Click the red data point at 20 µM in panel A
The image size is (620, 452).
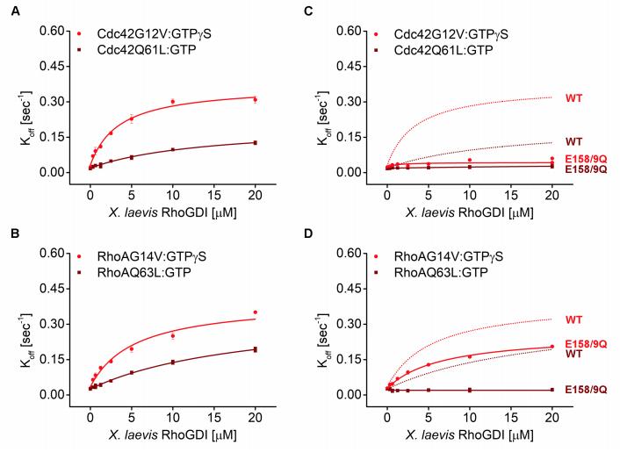[x=255, y=100]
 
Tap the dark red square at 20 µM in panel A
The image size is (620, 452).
[x=255, y=142]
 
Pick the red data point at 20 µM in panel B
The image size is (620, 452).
[x=255, y=312]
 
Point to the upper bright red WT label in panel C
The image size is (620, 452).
[x=573, y=97]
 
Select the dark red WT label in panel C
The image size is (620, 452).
[x=573, y=140]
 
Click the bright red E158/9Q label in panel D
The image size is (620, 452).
[x=586, y=343]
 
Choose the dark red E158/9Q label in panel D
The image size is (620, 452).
[x=586, y=389]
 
